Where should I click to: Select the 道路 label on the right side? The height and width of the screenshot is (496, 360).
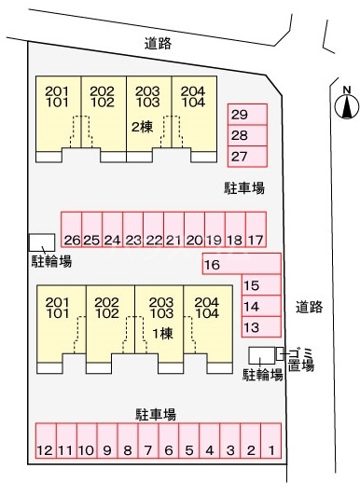pyautogui.click(x=309, y=306)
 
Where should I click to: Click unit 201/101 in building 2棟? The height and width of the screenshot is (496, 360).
pyautogui.click(x=57, y=96)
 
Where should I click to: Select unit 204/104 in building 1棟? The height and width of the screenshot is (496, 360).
pyautogui.click(x=208, y=308)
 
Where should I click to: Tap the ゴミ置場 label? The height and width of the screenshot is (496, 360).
pyautogui.click(x=300, y=358)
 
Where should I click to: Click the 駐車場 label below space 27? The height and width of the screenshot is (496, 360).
pyautogui.click(x=244, y=188)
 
